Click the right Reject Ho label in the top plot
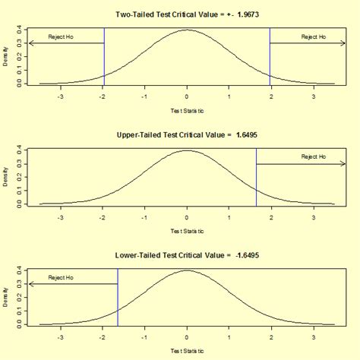(313, 36)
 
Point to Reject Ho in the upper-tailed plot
(313, 157)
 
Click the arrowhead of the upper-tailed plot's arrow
(343, 163)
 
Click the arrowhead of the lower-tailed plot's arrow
(30, 284)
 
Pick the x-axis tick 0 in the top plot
(187, 97)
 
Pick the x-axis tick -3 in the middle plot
(61, 218)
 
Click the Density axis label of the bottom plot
(6, 298)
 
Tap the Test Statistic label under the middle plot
(187, 231)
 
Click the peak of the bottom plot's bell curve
(187, 270)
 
